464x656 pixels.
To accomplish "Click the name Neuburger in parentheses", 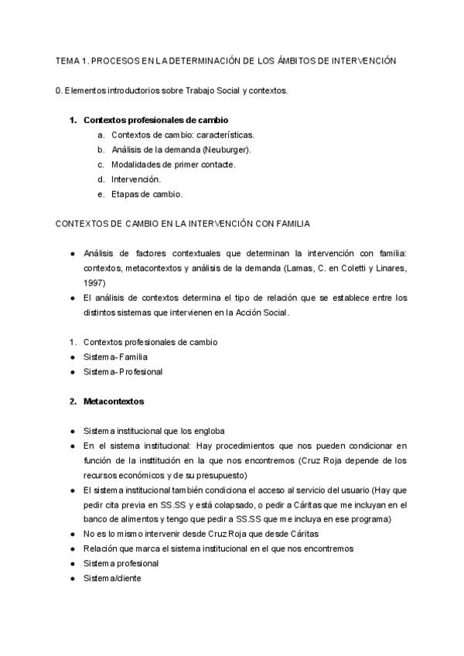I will [x=225, y=149].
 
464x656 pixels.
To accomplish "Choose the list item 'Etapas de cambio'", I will [x=147, y=194].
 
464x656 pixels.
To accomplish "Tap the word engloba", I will [x=207, y=431].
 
